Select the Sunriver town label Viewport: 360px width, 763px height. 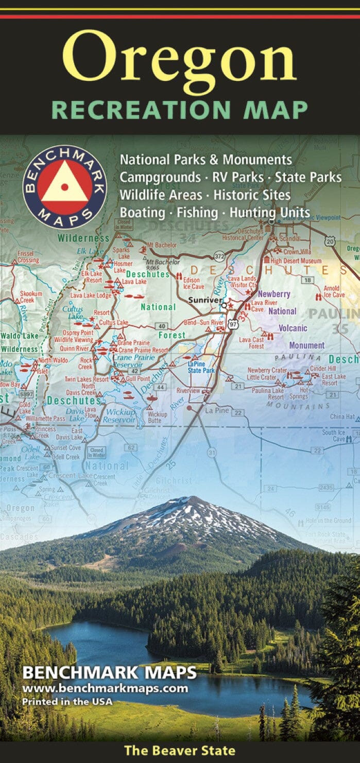(204, 300)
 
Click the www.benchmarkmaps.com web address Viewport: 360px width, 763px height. (105, 688)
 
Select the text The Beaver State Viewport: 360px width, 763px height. (180, 751)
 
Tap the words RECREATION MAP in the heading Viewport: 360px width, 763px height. (180, 110)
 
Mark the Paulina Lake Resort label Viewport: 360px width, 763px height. (268, 394)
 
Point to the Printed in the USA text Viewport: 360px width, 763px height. (66, 701)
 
